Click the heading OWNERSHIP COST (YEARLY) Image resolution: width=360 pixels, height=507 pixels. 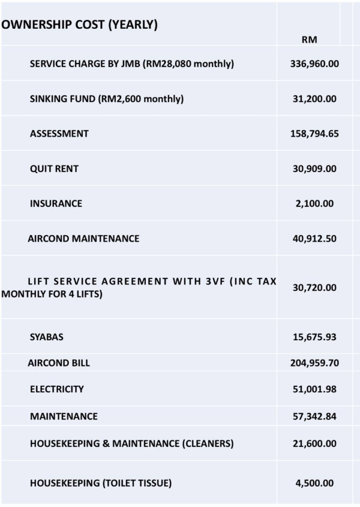(80, 25)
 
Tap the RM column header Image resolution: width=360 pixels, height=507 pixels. (309, 40)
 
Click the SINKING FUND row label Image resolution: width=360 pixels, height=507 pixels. (107, 99)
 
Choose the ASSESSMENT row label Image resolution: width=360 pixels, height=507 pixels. (59, 134)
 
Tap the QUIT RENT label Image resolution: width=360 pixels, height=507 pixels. (54, 169)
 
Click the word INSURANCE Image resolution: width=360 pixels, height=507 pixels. (56, 203)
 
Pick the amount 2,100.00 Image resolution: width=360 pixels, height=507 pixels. (314, 203)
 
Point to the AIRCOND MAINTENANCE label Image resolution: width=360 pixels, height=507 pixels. (83, 238)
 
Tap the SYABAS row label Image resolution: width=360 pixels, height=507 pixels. (47, 337)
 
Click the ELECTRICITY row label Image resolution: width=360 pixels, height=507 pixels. (57, 389)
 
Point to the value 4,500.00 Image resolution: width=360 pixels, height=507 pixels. (314, 483)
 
